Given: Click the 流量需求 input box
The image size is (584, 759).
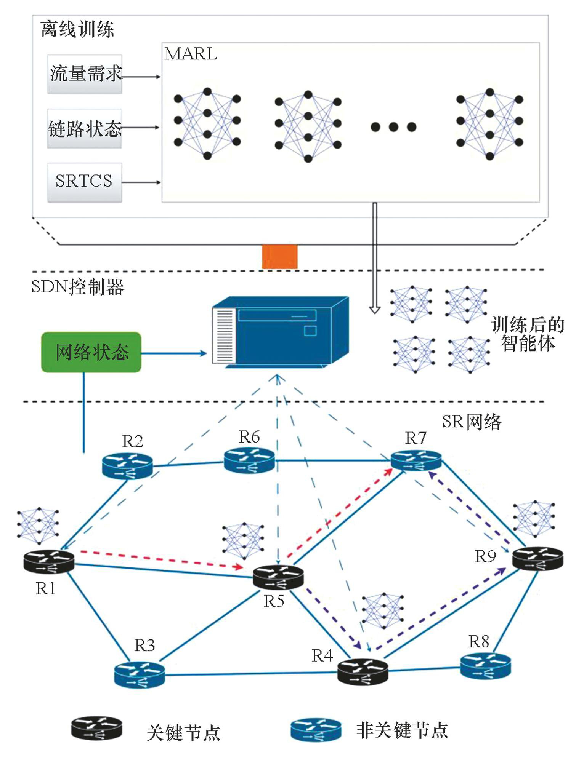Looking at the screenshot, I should tap(85, 74).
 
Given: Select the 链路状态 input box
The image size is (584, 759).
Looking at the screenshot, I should tap(85, 128).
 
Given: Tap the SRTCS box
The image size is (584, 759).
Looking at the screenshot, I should tap(85, 182).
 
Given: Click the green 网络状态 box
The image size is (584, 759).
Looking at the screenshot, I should tap(91, 352).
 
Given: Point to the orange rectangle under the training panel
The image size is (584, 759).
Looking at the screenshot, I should tap(279, 257).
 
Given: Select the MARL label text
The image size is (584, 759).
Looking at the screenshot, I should tap(191, 54).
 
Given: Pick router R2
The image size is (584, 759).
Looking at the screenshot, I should tap(127, 465).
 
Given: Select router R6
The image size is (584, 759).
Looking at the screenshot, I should tap(249, 460).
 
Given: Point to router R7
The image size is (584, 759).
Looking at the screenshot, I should tap(416, 460).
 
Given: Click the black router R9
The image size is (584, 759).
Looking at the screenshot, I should tap(537, 558).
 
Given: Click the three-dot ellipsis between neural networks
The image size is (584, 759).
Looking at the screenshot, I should tap(393, 127).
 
